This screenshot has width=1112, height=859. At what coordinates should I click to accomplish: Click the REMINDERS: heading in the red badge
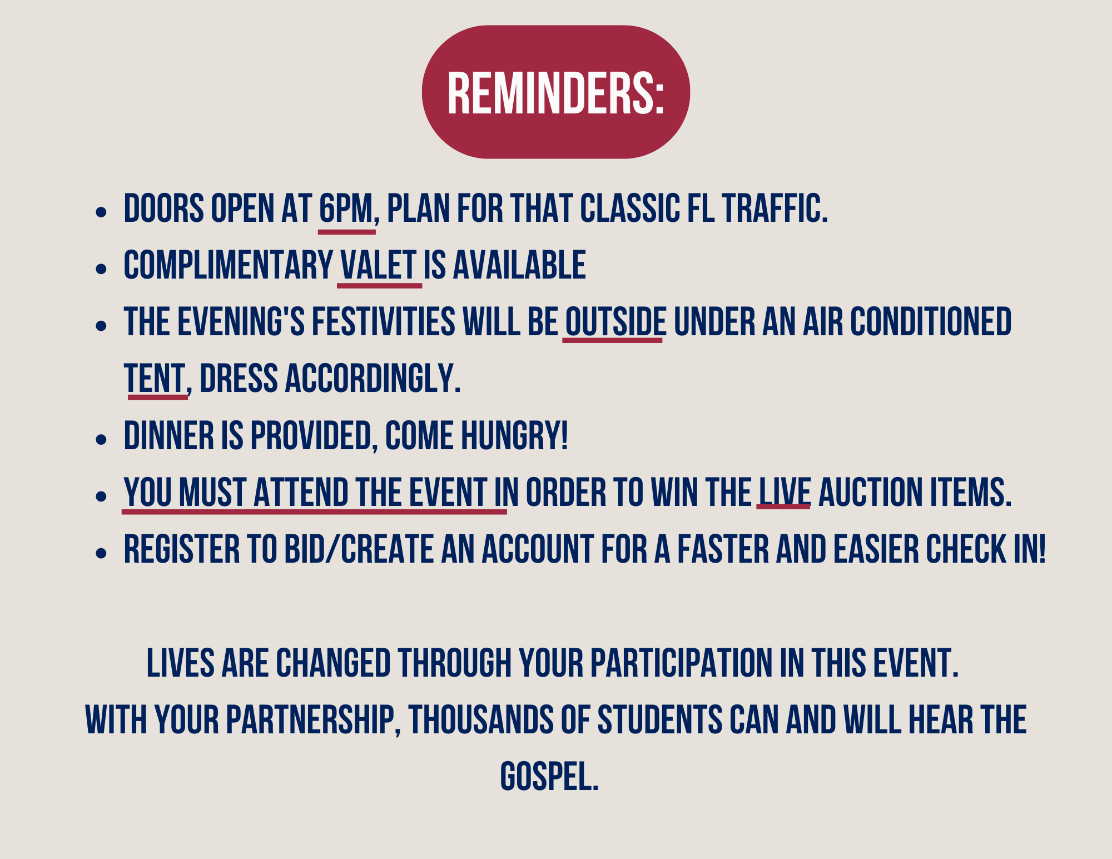[556, 93]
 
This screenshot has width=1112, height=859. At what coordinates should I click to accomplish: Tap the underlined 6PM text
[346, 209]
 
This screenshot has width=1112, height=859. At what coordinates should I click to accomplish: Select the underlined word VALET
[379, 265]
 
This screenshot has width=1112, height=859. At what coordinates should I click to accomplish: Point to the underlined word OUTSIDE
[615, 322]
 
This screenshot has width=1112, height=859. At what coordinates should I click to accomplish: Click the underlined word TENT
[154, 379]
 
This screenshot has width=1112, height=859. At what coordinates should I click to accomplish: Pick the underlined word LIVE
[785, 493]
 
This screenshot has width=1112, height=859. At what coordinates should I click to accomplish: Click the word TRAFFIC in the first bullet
[775, 209]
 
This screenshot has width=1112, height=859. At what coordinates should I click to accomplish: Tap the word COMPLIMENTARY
[229, 265]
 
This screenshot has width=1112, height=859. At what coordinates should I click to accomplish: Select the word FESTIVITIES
[384, 322]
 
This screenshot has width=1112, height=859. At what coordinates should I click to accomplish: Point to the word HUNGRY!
[515, 435]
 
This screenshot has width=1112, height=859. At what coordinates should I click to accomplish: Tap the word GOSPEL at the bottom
[549, 777]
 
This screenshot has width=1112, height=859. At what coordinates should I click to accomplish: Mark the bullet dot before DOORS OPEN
[101, 212]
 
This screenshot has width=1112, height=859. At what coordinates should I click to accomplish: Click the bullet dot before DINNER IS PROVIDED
[101, 440]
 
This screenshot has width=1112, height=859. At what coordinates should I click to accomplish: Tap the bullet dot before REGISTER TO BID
[101, 553]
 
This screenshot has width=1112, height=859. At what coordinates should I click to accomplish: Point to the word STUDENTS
[660, 720]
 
